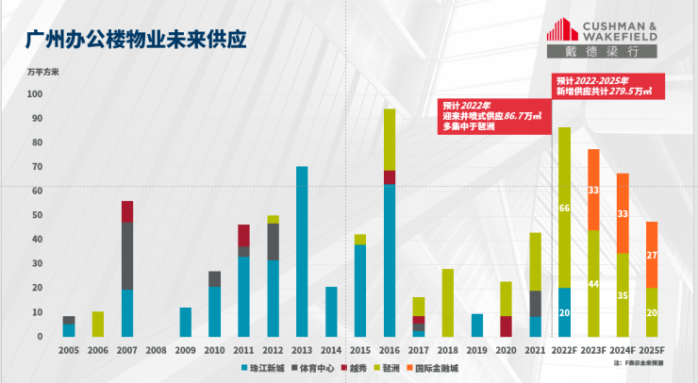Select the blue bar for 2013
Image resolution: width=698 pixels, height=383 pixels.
(x=302, y=251)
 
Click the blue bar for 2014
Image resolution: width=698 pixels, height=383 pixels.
(x=331, y=311)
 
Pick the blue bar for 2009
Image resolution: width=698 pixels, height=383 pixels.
(x=186, y=322)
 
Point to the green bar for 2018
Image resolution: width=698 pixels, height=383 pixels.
(x=448, y=302)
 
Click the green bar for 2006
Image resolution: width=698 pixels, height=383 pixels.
(x=98, y=324)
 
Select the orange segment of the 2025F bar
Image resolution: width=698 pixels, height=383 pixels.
(x=652, y=255)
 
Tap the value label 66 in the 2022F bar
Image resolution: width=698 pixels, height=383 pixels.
(x=564, y=208)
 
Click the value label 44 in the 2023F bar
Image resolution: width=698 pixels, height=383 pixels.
(x=593, y=284)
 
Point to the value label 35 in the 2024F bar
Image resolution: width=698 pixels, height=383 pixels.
(x=623, y=294)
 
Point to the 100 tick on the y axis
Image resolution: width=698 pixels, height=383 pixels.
(x=35, y=94)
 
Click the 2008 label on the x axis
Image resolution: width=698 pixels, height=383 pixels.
(x=157, y=350)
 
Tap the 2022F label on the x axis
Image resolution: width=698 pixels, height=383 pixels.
(x=564, y=350)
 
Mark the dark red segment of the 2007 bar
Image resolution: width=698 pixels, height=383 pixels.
(x=127, y=211)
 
